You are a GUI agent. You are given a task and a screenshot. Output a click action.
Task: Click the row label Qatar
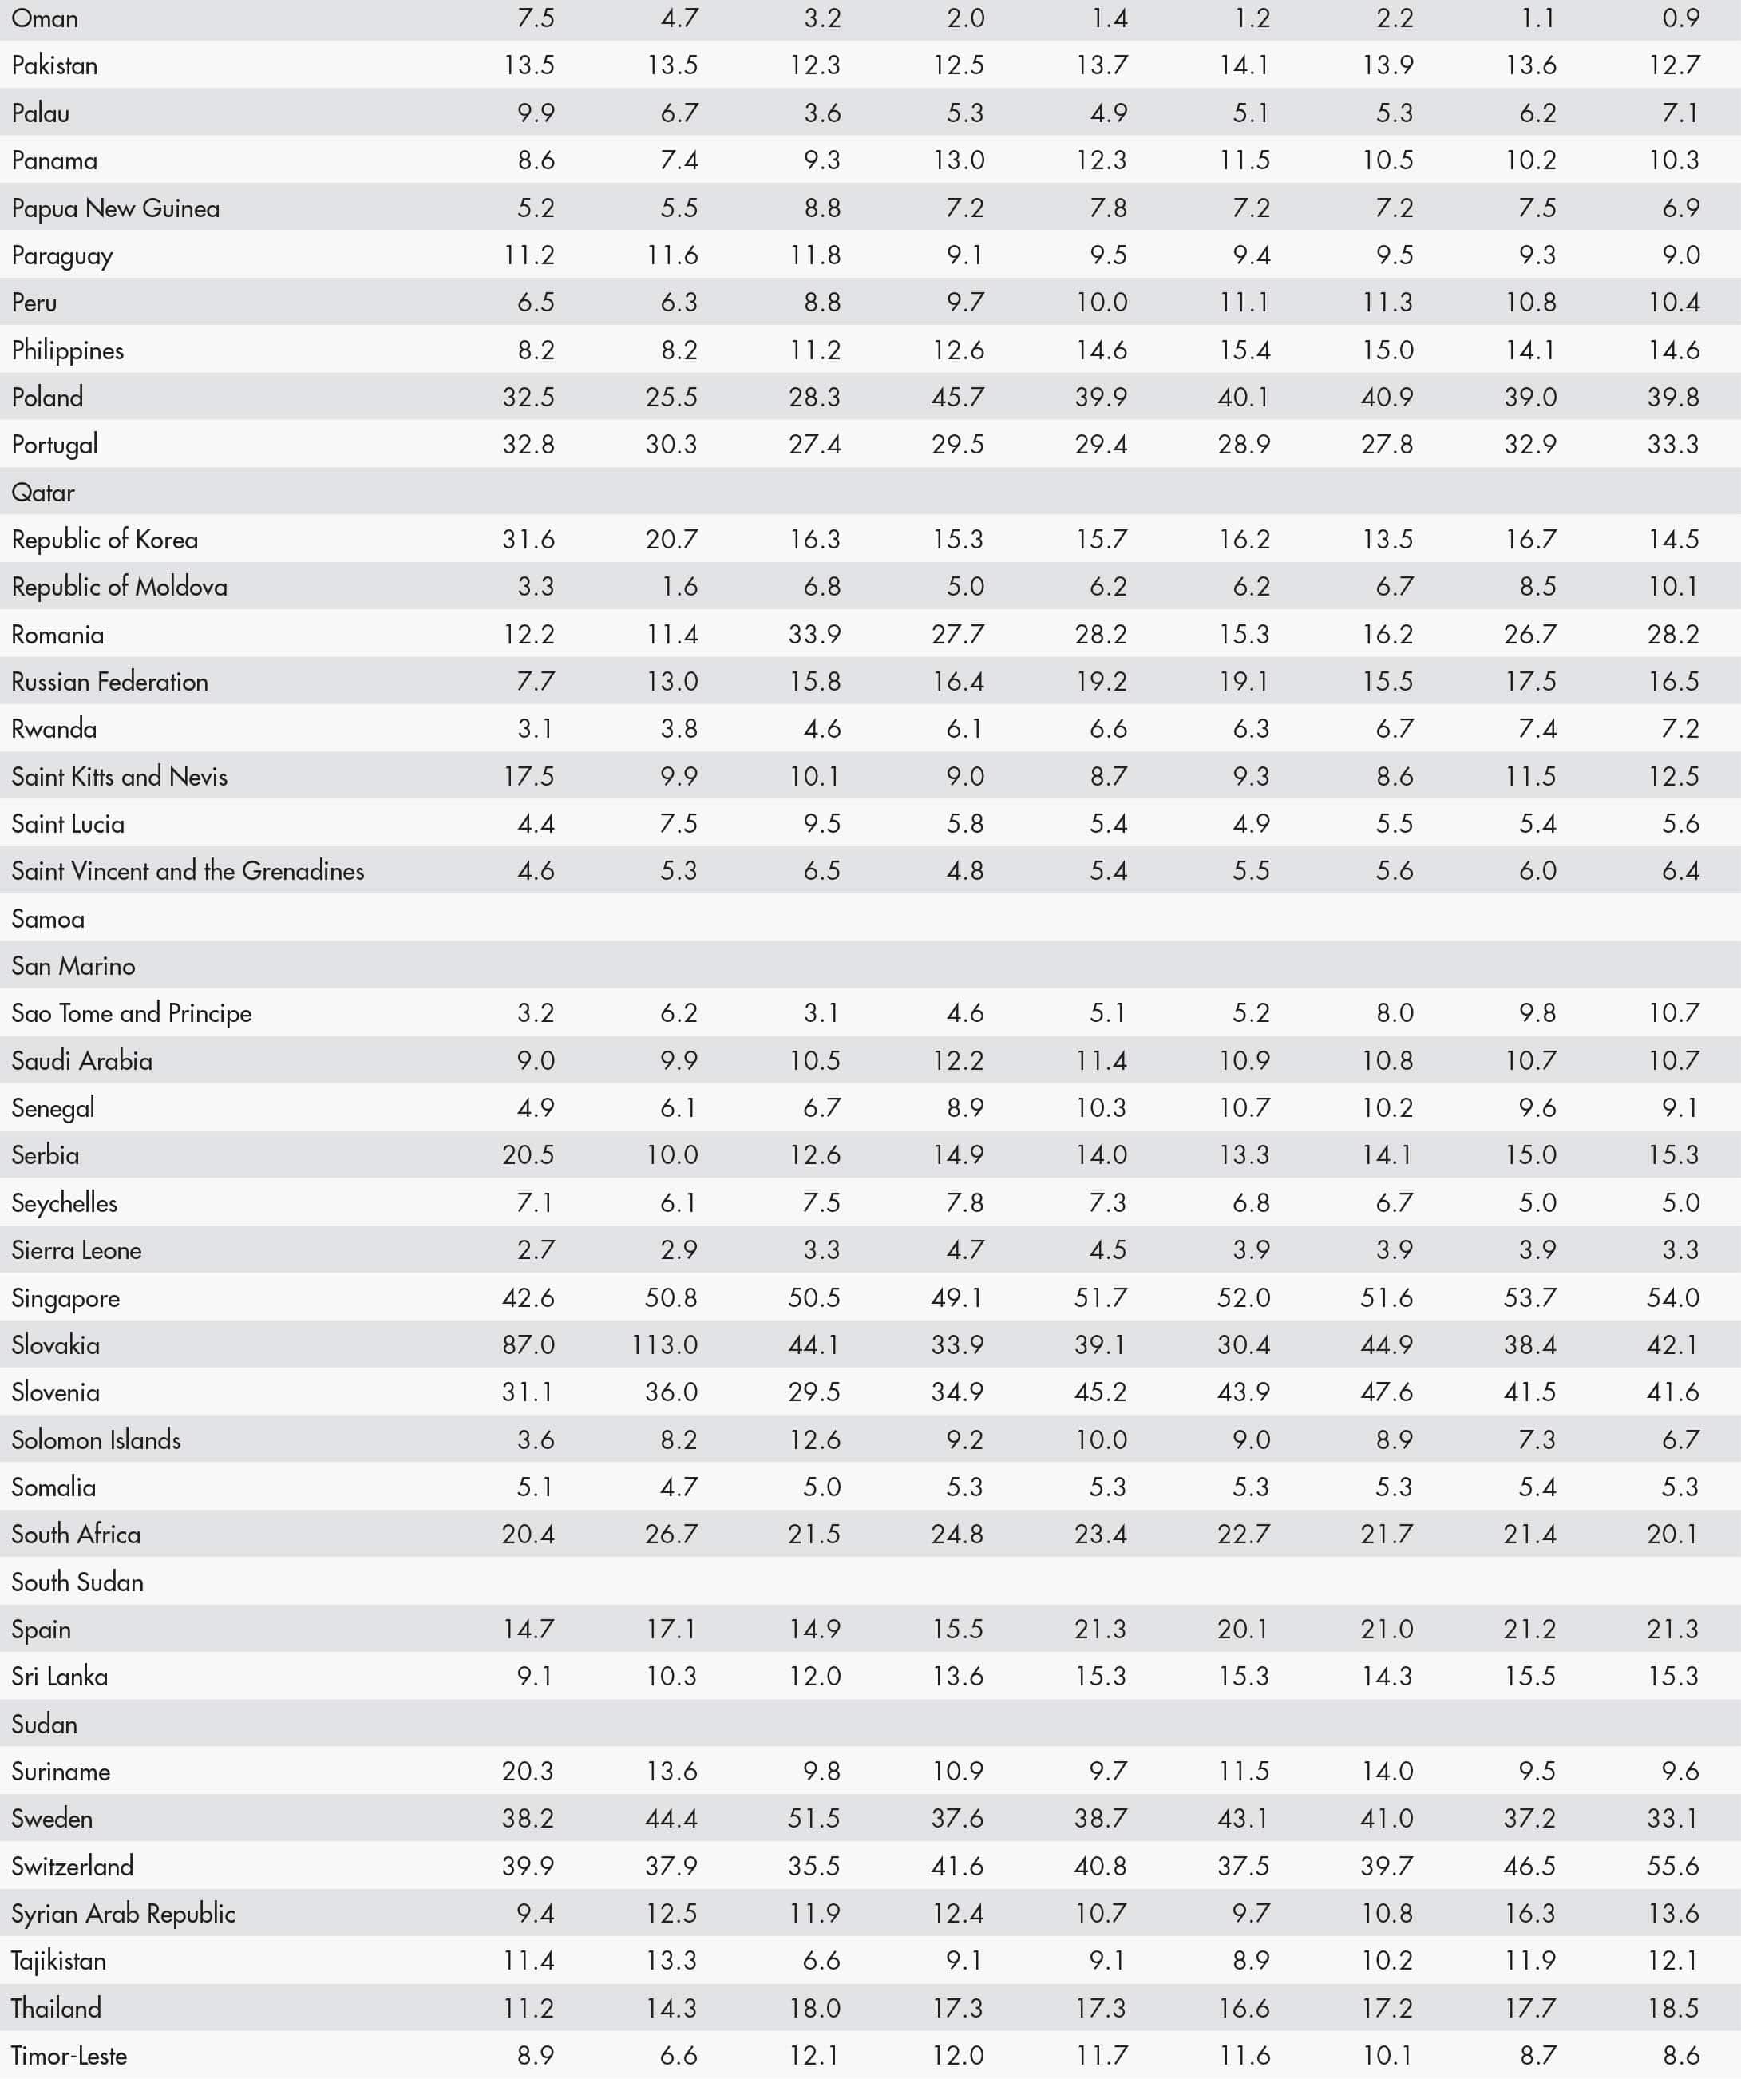tap(44, 492)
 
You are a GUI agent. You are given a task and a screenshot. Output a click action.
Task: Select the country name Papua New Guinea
tap(116, 208)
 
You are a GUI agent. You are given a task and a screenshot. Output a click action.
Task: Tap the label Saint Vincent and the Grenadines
tap(188, 871)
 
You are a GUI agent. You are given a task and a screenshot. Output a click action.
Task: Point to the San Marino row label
tap(73, 966)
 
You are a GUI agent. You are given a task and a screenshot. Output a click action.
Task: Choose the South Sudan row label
tap(77, 1582)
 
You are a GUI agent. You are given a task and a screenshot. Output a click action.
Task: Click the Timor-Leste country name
tap(69, 2056)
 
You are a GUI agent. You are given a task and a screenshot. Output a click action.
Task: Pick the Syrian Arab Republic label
tap(124, 1914)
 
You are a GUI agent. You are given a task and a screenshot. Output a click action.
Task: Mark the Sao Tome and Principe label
tap(132, 1014)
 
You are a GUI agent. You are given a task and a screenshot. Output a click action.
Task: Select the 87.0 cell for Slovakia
tap(528, 1345)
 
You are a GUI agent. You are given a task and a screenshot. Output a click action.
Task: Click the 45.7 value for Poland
tap(957, 397)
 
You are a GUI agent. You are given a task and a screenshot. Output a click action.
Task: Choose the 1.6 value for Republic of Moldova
tap(679, 587)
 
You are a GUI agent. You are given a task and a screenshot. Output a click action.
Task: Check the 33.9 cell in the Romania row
tap(814, 635)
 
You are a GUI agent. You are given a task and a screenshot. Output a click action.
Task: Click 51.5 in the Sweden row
tap(814, 1819)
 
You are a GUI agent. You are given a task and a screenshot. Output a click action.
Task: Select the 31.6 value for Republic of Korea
tap(528, 540)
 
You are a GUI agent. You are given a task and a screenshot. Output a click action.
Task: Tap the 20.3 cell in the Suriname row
tap(528, 1771)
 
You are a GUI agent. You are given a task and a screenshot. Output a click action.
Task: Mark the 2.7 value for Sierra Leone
tap(536, 1250)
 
